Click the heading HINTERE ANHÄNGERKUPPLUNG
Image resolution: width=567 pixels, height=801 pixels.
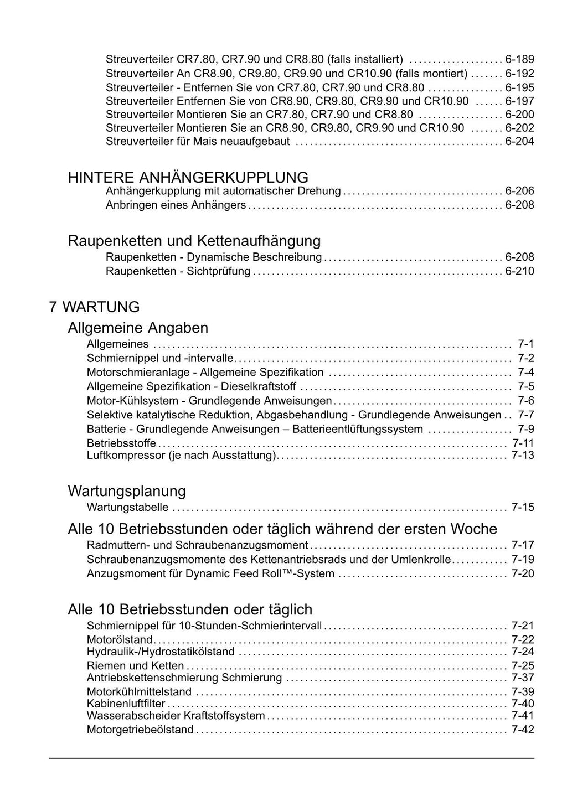tap(188, 178)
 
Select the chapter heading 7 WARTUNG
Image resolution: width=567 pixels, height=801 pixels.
tap(94, 307)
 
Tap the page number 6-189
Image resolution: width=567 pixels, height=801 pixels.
tap(519, 60)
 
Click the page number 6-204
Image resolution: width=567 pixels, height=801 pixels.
tap(519, 142)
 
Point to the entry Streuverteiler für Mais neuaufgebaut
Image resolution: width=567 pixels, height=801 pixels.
tap(198, 142)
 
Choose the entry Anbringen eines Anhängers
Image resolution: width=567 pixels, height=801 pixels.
tap(176, 205)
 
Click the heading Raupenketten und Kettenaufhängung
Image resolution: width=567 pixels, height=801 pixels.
tap(194, 241)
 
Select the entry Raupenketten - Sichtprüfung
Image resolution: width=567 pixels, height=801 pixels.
tap(178, 271)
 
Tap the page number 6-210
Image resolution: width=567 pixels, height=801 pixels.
tap(519, 271)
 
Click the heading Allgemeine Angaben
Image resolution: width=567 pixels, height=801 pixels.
tap(138, 328)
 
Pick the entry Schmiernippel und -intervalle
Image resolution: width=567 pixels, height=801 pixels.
tap(160, 358)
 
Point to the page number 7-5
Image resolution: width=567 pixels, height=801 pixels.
tap(525, 386)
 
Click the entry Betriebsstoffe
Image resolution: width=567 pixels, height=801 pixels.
tap(121, 443)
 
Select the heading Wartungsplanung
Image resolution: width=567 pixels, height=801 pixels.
tap(127, 491)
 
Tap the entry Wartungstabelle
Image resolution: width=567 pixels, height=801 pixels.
tap(127, 507)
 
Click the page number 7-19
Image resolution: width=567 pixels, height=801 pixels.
tap(523, 559)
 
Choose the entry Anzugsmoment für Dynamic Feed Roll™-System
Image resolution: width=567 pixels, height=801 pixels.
tap(210, 573)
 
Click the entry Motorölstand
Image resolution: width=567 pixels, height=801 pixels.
tap(119, 640)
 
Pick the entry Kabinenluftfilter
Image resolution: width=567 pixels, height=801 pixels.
tap(126, 704)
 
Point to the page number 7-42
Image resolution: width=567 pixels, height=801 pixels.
tap(523, 730)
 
